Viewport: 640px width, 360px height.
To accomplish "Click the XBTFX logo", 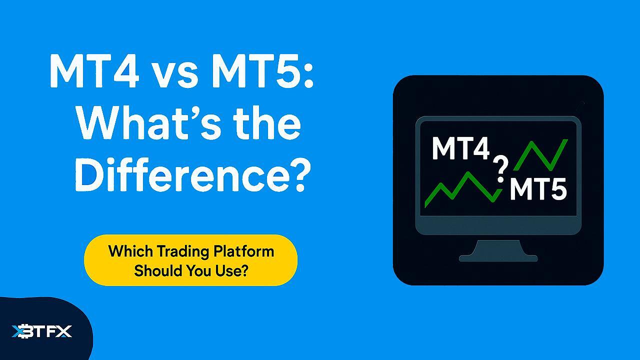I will pyautogui.click(x=42, y=331).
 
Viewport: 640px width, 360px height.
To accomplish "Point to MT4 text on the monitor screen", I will pyautogui.click(x=460, y=148).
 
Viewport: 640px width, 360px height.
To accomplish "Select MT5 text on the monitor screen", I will pyautogui.click(x=537, y=189).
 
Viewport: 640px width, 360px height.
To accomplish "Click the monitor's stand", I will pyautogui.click(x=498, y=250).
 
